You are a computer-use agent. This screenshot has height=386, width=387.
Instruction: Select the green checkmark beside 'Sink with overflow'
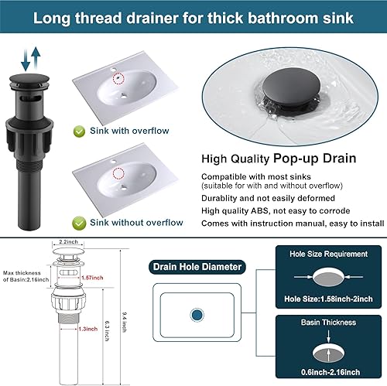pos(80,131)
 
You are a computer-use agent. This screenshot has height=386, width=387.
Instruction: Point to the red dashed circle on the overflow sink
pos(118,78)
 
